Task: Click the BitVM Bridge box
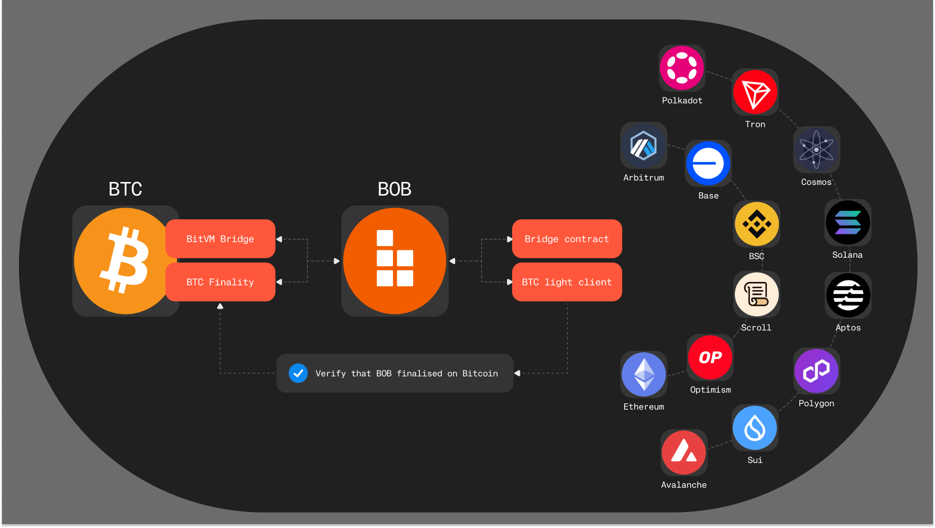[x=220, y=239]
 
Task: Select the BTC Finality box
[x=220, y=282]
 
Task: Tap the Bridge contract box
[x=566, y=239]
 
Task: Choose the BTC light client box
[x=566, y=282]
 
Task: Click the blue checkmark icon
[x=298, y=373]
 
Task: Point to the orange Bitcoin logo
[x=125, y=261]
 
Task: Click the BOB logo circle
[x=394, y=261]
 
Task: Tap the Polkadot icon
[x=682, y=68]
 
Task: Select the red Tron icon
[x=755, y=92]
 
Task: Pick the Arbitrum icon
[x=644, y=145]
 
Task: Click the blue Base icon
[x=708, y=164]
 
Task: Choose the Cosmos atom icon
[x=817, y=149]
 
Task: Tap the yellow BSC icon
[x=757, y=224]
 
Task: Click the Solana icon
[x=848, y=223]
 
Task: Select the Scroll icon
[x=757, y=295]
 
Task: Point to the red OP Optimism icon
[x=710, y=357]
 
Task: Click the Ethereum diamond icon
[x=644, y=374]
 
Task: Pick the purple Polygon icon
[x=817, y=371]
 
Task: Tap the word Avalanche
[x=684, y=485]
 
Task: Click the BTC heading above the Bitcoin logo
[x=125, y=189]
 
